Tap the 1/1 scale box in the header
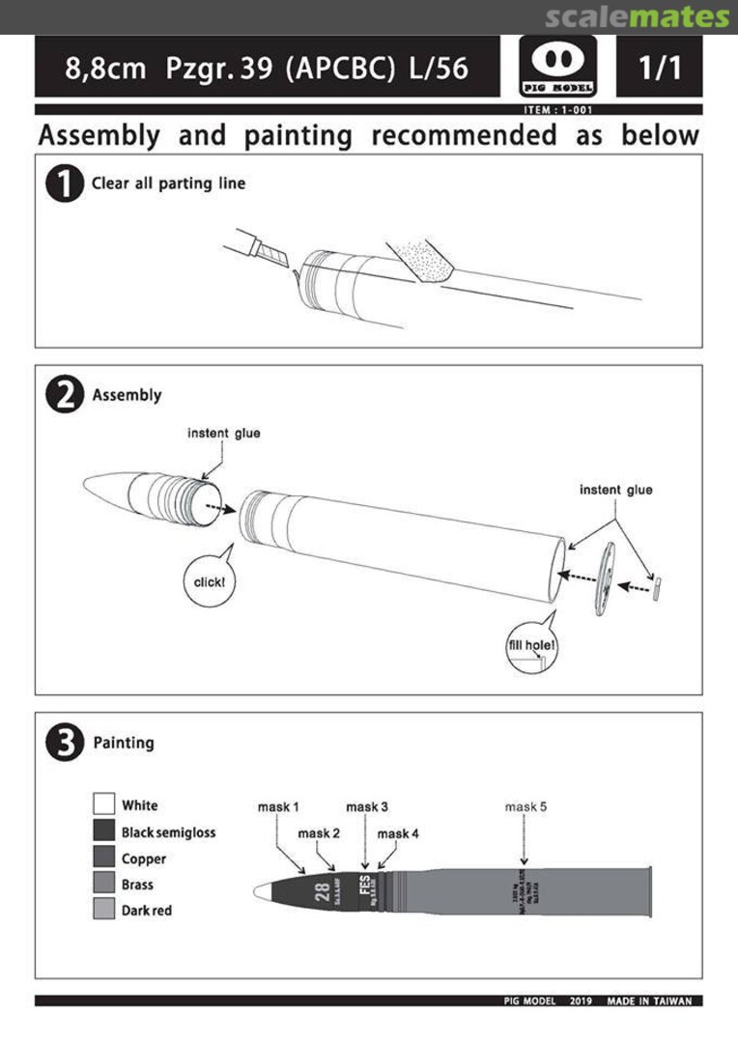click(x=661, y=67)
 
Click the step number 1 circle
click(x=65, y=183)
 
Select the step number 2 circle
click(x=65, y=396)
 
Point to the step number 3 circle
click(x=65, y=744)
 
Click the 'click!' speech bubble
click(x=209, y=581)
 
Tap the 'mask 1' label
click(x=278, y=806)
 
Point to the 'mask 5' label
click(x=526, y=806)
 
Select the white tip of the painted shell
click(x=263, y=894)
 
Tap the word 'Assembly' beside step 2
click(x=127, y=395)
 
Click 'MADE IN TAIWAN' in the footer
click(x=649, y=1001)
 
